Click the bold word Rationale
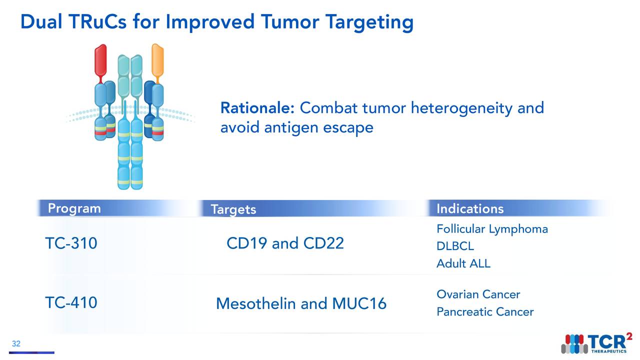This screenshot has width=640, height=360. (258, 108)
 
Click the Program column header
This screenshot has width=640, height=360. (74, 208)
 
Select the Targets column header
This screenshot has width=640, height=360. (233, 209)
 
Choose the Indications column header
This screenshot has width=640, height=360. (469, 208)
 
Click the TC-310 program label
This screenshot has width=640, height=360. (71, 243)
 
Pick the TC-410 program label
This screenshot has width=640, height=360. (71, 302)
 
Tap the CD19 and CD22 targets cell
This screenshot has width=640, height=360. (285, 243)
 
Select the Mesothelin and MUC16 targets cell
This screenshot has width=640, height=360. (301, 303)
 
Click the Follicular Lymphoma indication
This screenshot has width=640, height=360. (492, 229)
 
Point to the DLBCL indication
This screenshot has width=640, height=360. (455, 246)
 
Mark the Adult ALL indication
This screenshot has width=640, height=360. (463, 263)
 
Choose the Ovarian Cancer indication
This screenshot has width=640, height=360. (478, 294)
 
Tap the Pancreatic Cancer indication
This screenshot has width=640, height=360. (485, 312)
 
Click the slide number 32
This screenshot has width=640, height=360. (16, 344)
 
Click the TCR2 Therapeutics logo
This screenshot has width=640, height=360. (595, 342)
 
